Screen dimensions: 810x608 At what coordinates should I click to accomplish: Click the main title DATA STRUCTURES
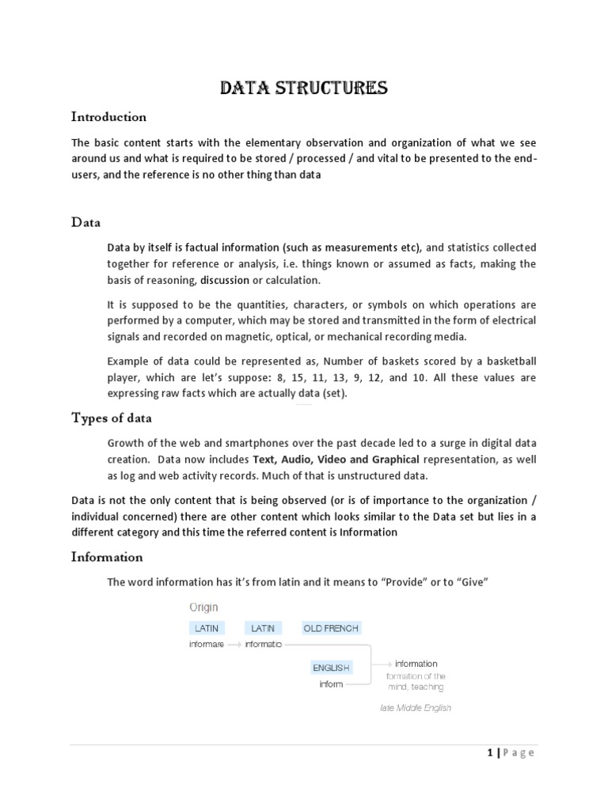[x=303, y=87]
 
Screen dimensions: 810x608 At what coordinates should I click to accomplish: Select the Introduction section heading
[x=108, y=117]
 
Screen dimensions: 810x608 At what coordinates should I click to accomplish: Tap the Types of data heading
[x=112, y=418]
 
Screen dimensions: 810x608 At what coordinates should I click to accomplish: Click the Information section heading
[x=107, y=557]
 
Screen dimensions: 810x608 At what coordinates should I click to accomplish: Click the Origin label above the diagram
[x=203, y=607]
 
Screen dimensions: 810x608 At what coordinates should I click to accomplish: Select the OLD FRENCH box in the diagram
[x=331, y=628]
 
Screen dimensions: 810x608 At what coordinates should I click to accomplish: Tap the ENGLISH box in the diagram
[x=331, y=668]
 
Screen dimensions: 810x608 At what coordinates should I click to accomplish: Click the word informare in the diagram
[x=207, y=644]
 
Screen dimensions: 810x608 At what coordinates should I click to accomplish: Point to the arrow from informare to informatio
[x=235, y=644]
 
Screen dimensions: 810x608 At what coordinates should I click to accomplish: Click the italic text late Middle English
[x=416, y=708]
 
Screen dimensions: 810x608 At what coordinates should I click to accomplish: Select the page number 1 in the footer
[x=490, y=753]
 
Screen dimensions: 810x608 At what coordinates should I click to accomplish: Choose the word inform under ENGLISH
[x=331, y=683]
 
